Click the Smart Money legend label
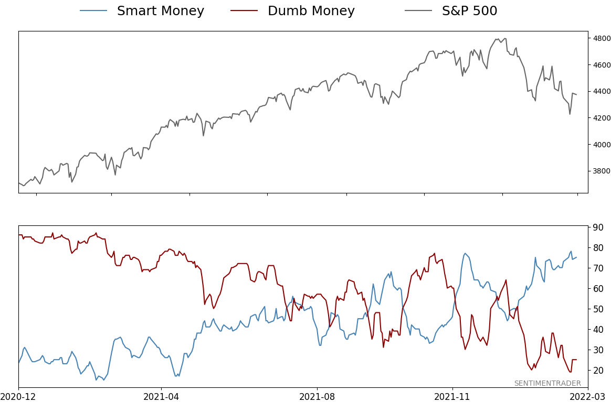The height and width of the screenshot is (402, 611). [160, 11]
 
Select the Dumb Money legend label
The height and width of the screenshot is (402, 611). [311, 11]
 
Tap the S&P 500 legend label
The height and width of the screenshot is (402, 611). [469, 11]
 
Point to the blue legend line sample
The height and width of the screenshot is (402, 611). [93, 11]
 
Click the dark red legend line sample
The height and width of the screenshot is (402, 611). [244, 11]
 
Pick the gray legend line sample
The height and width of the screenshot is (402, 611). [418, 11]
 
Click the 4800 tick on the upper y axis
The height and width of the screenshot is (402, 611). [602, 38]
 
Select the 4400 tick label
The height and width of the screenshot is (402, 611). [602, 92]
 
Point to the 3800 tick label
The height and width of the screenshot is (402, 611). [602, 171]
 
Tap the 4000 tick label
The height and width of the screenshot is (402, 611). [602, 145]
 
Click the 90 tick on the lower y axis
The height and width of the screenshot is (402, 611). [598, 227]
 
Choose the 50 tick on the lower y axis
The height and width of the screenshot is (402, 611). [598, 309]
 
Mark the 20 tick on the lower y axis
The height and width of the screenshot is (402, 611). [598, 371]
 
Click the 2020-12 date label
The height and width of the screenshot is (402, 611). [19, 397]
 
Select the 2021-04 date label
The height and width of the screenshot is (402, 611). [161, 397]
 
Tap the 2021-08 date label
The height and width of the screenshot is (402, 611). [317, 397]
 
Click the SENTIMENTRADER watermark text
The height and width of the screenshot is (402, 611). [547, 384]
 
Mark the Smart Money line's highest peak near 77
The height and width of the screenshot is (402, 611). [465, 254]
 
